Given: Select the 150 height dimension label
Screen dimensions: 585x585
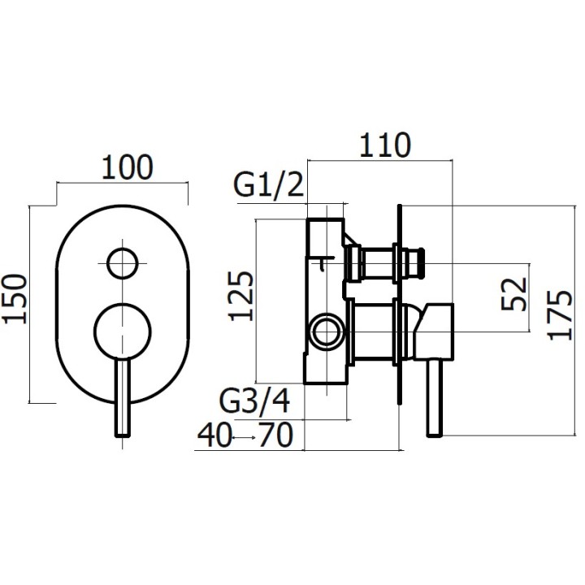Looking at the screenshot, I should [16, 298].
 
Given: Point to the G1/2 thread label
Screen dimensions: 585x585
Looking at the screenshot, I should [268, 186].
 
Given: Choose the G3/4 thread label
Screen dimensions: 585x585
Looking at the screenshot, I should [255, 401].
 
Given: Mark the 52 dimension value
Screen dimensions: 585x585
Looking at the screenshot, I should [513, 293].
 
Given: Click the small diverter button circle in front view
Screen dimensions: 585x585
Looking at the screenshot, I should [122, 263].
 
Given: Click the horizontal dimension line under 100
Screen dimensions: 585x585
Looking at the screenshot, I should [122, 184].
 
